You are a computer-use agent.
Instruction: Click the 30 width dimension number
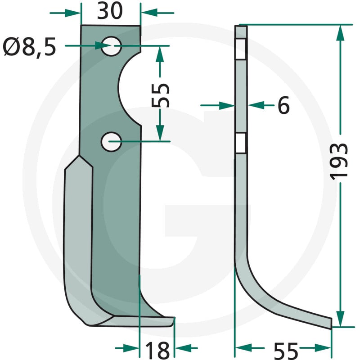pyautogui.click(x=110, y=11)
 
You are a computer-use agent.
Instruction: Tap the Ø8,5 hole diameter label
pyautogui.click(x=29, y=48)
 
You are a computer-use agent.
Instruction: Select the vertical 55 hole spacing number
pyautogui.click(x=161, y=95)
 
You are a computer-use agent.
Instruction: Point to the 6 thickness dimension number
pyautogui.click(x=283, y=105)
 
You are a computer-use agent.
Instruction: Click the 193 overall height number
pyautogui.click(x=338, y=161)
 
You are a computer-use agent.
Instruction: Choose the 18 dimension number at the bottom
pyautogui.click(x=157, y=351)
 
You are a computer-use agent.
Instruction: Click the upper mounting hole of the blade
pyautogui.click(x=111, y=46)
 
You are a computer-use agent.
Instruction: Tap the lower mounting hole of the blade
pyautogui.click(x=111, y=142)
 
